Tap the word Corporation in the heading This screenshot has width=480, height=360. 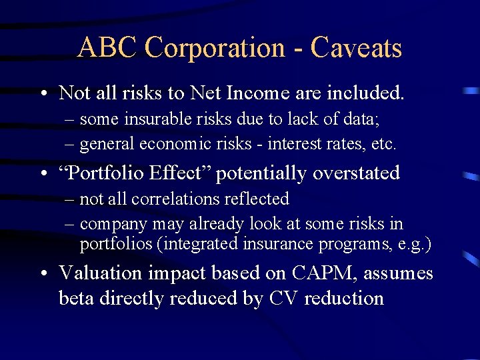215,48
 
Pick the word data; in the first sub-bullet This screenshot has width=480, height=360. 361,119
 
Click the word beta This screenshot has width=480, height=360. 77,298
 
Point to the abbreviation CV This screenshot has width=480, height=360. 283,298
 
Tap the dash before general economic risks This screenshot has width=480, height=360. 70,143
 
